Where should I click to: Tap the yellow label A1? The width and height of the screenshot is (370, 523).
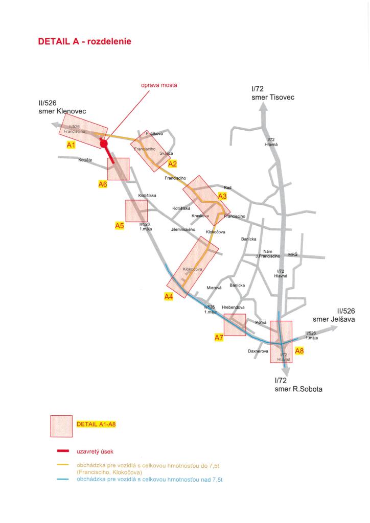pyautogui.click(x=72, y=145)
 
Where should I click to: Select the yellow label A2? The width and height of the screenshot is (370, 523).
pyautogui.click(x=173, y=163)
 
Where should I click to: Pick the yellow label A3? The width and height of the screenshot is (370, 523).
pyautogui.click(x=222, y=196)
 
